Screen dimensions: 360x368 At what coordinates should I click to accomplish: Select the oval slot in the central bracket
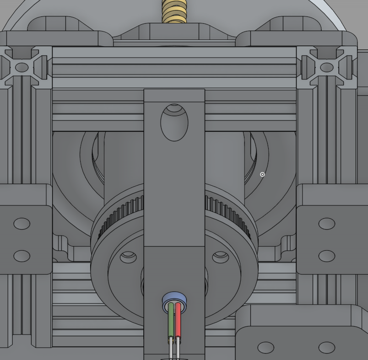click(x=174, y=123)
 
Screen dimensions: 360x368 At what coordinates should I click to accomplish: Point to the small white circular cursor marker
click(x=262, y=174)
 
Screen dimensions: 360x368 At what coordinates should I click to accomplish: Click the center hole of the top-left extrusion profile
click(x=22, y=68)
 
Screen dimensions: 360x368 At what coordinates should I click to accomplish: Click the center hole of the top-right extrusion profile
click(x=327, y=68)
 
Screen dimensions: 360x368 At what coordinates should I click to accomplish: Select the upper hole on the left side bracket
click(x=22, y=224)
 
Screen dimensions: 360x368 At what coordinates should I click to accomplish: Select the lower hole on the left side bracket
click(x=22, y=256)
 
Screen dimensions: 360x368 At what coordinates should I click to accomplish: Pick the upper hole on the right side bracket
click(x=327, y=224)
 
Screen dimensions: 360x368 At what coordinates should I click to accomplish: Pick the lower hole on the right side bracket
click(x=327, y=256)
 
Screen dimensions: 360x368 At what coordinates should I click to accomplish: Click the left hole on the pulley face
click(x=128, y=257)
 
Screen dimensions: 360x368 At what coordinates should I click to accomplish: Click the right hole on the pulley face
click(x=221, y=257)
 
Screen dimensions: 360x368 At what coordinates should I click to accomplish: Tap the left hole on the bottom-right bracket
click(x=265, y=348)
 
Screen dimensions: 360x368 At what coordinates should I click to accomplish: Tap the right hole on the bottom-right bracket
click(x=327, y=348)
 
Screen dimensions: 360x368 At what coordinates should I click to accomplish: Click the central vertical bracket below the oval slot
click(x=174, y=192)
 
